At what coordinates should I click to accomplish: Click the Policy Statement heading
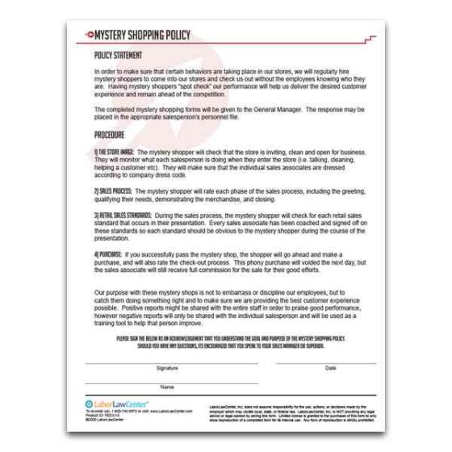pyautogui.click(x=118, y=56)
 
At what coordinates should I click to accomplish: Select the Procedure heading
pyautogui.click(x=111, y=134)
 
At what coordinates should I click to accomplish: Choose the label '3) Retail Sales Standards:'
pyautogui.click(x=122, y=216)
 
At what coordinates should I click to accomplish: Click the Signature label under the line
pyautogui.click(x=167, y=368)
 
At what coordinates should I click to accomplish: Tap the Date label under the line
pyautogui.click(x=330, y=368)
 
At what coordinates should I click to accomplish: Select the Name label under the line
pyautogui.click(x=167, y=387)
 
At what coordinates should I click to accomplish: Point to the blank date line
pyautogui.click(x=330, y=362)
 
